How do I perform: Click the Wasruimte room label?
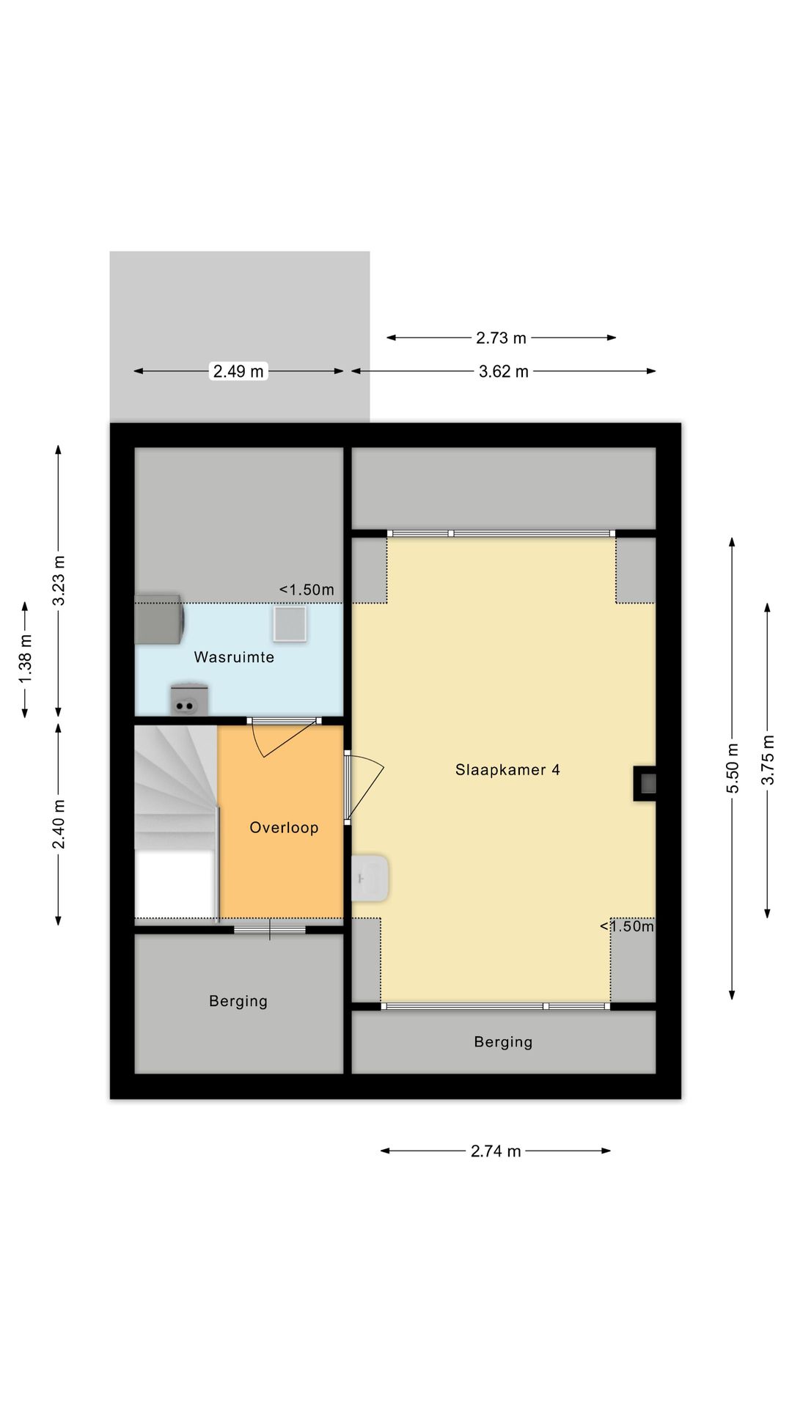click(x=234, y=657)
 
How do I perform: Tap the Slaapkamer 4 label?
click(x=507, y=769)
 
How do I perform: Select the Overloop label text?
click(x=284, y=827)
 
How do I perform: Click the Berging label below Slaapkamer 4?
click(x=503, y=1042)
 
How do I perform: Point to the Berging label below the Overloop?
click(x=238, y=1001)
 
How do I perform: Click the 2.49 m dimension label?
click(x=238, y=371)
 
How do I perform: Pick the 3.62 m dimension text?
click(x=504, y=371)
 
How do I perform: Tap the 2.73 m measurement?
click(x=502, y=338)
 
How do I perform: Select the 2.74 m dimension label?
click(x=496, y=1151)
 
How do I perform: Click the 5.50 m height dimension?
click(x=732, y=768)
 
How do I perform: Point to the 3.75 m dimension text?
click(x=767, y=760)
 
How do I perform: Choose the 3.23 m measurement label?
click(x=59, y=581)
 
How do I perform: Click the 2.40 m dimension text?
click(x=59, y=824)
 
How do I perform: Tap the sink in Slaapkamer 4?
click(x=370, y=878)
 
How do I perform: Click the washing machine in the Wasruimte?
click(x=158, y=619)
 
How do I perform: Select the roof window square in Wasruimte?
click(x=290, y=623)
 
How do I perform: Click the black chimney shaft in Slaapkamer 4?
click(x=645, y=784)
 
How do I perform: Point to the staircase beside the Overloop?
click(x=176, y=821)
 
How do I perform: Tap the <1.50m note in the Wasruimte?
click(x=307, y=590)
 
